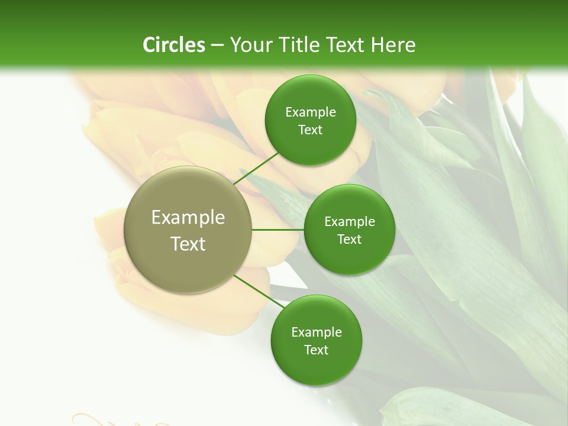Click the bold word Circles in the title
coord(174,45)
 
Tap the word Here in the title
coord(393,45)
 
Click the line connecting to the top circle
coord(257,167)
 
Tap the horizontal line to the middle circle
coord(278,230)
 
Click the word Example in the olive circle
coord(188,218)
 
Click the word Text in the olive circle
coord(188,244)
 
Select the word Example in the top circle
coord(311,112)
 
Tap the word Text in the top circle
coord(311,130)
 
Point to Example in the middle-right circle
coord(350,222)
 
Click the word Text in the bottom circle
coord(316,350)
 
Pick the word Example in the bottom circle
coord(316,333)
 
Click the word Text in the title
coord(345,45)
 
